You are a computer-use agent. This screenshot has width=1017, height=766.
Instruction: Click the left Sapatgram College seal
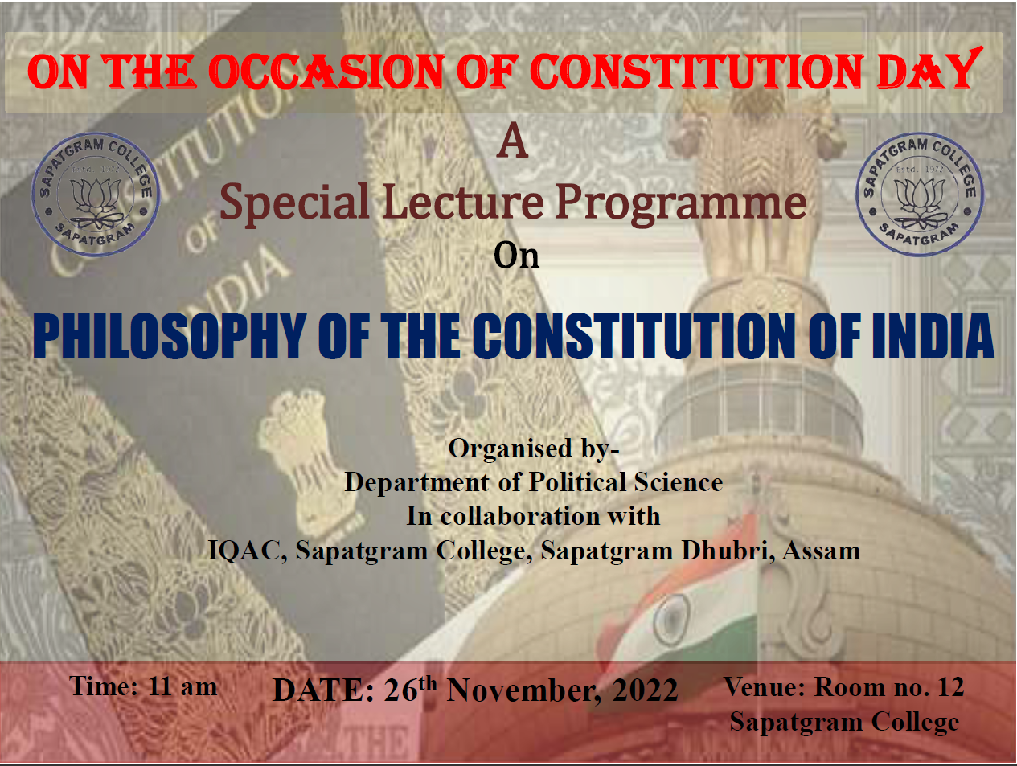click(96, 195)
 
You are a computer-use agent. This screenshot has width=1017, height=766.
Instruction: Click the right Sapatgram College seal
click(919, 195)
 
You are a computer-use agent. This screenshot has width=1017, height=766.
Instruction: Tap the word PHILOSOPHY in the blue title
click(170, 336)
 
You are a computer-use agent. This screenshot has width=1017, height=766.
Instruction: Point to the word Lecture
click(463, 202)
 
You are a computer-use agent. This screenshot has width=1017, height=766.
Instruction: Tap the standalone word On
click(517, 256)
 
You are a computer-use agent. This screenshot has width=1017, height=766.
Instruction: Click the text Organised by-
click(534, 449)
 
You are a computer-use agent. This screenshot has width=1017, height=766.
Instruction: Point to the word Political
click(577, 482)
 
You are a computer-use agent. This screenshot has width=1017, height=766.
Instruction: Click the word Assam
click(821, 551)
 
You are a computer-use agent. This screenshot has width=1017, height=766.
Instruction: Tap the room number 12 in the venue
click(950, 686)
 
